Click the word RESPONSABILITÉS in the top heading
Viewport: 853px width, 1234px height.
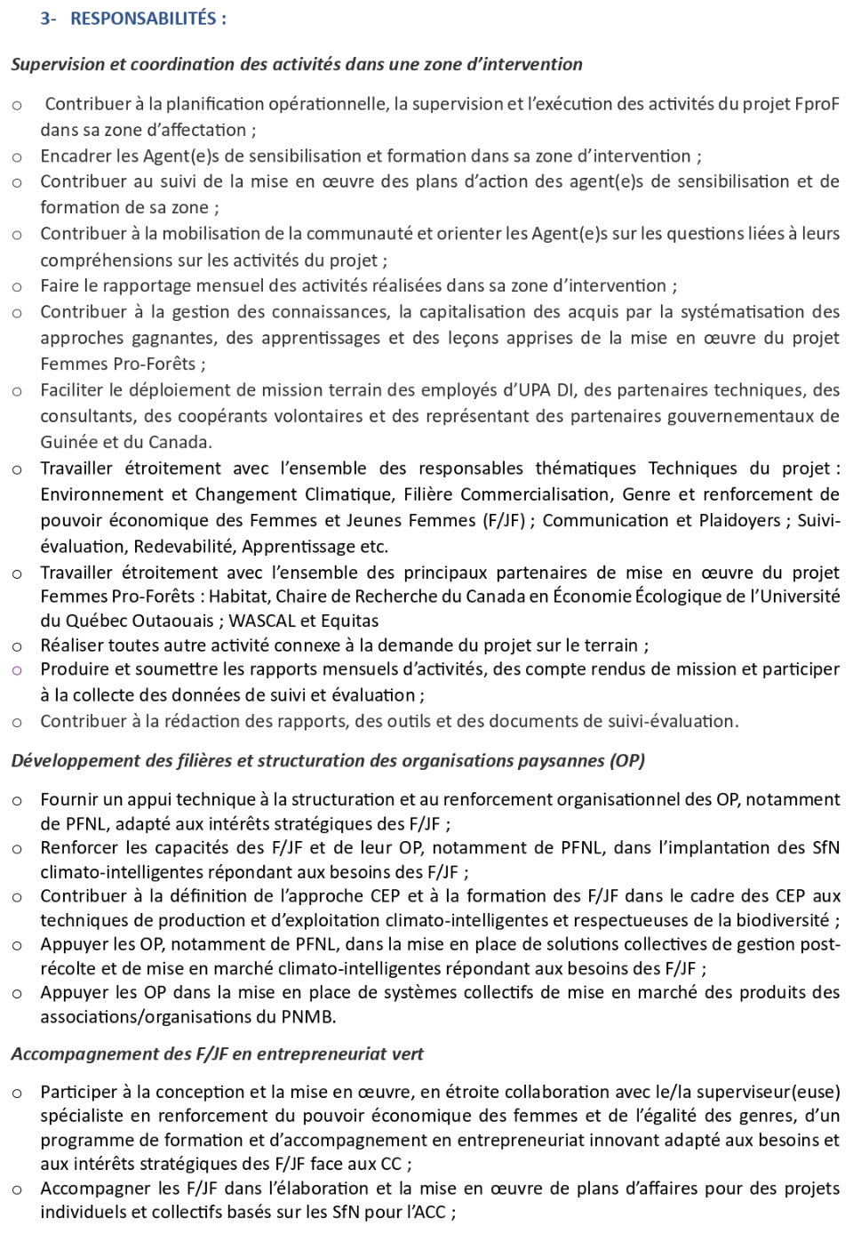point(143,19)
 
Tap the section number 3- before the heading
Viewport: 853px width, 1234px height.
point(48,19)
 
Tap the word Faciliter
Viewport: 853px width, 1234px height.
point(71,390)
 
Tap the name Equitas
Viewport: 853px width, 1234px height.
point(350,621)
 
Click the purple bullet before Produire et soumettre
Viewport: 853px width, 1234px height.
point(17,670)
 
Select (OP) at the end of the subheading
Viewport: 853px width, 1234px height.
point(627,761)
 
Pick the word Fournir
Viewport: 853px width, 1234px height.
point(68,800)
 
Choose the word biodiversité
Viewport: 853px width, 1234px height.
point(782,921)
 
